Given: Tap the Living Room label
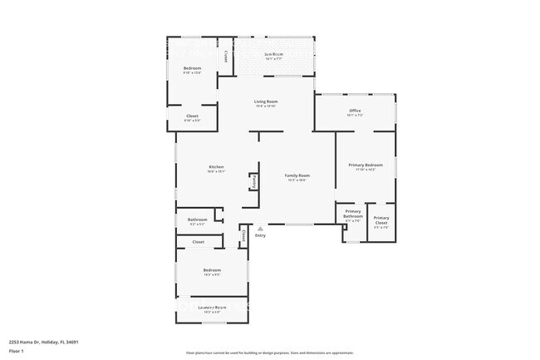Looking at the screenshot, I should click(x=265, y=101).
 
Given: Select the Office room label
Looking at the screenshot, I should click(x=354, y=111).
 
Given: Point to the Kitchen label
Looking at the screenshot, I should click(x=216, y=168).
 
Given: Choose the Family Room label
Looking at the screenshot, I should click(x=297, y=175).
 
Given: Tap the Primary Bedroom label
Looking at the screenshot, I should click(x=366, y=165).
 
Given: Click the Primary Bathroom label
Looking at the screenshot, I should click(x=353, y=215).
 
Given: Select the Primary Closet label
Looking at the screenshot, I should click(x=380, y=220).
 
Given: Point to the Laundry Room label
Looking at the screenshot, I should click(x=212, y=308).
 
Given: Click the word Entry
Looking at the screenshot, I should click(x=260, y=235).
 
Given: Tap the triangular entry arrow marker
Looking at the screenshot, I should click(x=260, y=227).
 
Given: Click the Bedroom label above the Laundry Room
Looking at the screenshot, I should click(x=212, y=270).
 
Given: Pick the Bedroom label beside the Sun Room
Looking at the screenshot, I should click(x=193, y=67).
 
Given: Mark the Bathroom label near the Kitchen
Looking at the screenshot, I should click(x=197, y=219).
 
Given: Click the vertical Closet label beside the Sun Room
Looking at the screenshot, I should click(x=226, y=57).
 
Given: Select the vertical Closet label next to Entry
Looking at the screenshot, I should click(x=243, y=236).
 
